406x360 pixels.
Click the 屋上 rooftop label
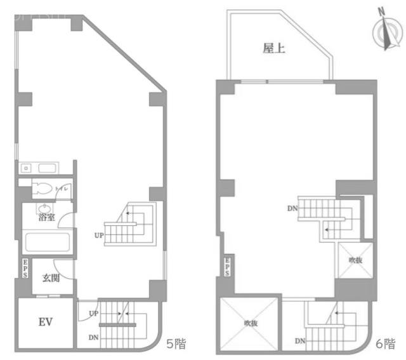(274, 48)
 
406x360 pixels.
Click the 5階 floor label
(176, 344)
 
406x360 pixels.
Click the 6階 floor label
(385, 344)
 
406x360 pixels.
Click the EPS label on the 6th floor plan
(226, 266)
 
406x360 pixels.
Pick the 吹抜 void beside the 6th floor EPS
(355, 260)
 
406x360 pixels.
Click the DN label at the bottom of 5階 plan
(93, 337)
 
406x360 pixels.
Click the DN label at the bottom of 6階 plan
(300, 342)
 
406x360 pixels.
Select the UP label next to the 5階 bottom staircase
(93, 314)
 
